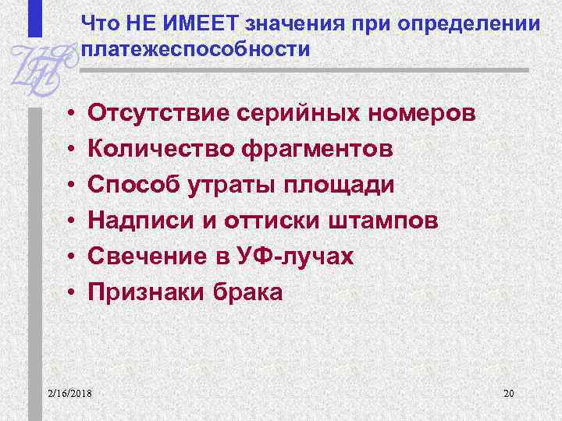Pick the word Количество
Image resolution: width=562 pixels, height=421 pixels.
pyautogui.click(x=162, y=149)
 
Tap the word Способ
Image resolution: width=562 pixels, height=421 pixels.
pyautogui.click(x=131, y=185)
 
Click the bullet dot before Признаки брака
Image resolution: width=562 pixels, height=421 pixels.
pyautogui.click(x=70, y=293)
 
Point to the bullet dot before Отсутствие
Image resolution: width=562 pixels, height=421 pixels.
pyautogui.click(x=70, y=114)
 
